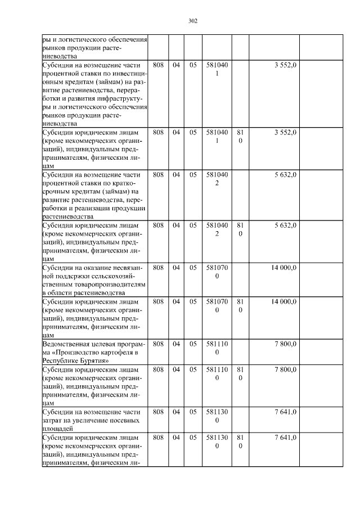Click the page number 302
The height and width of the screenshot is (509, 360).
[192, 21]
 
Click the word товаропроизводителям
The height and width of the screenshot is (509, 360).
[107, 285]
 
